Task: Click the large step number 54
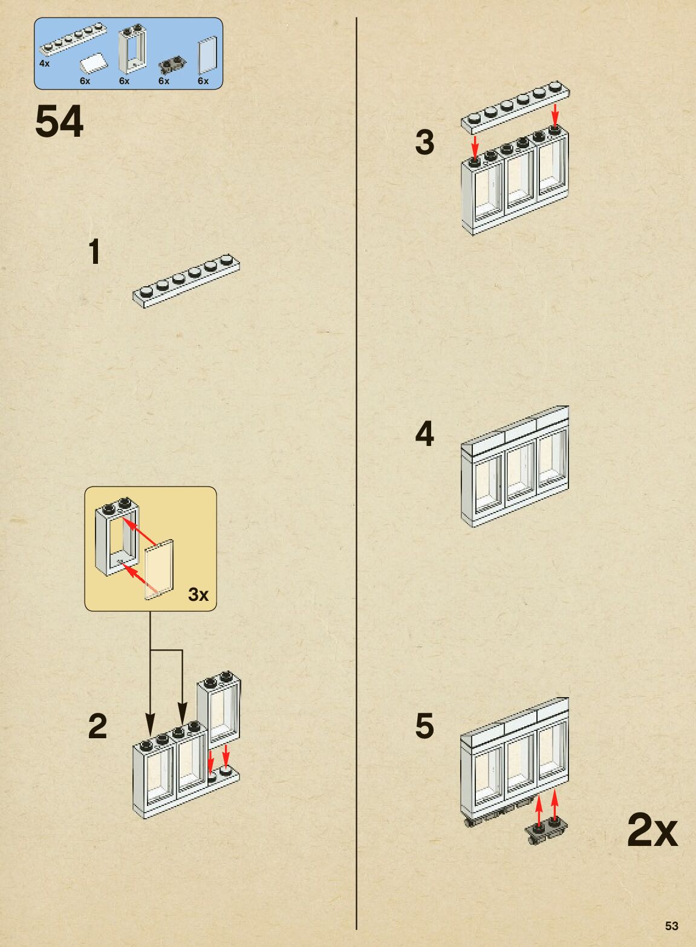point(59,122)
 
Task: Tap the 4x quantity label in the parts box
point(44,63)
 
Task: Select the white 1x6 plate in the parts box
point(70,39)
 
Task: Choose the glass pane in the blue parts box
point(207,55)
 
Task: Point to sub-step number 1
point(94,252)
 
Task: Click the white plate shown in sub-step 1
point(186,281)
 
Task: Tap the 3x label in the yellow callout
point(198,594)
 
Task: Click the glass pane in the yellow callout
point(160,569)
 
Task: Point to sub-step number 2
point(97,726)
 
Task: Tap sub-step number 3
point(424,143)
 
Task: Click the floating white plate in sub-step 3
point(515,107)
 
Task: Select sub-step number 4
point(424,434)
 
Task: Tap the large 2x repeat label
point(652,830)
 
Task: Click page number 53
point(671,926)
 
